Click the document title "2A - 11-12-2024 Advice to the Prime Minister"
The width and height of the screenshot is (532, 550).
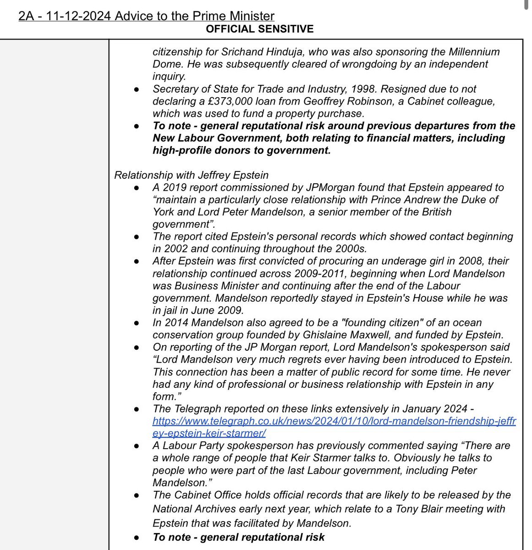pos(146,16)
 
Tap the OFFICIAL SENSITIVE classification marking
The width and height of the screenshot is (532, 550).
pos(259,29)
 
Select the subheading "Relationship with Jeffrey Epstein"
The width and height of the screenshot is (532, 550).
pos(191,175)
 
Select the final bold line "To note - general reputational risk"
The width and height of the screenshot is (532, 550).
pos(238,537)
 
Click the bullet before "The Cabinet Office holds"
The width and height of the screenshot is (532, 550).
pos(137,496)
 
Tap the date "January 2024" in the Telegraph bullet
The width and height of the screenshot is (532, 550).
pos(426,408)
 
